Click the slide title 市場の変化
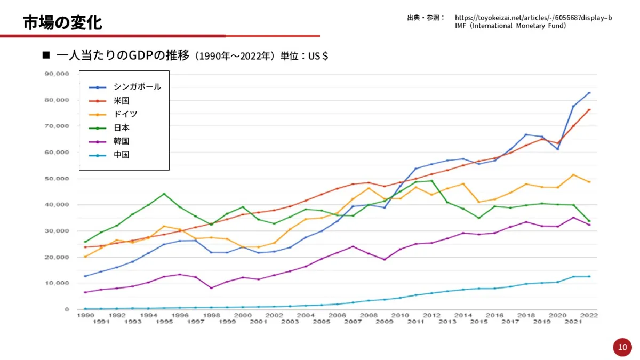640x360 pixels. pyautogui.click(x=62, y=22)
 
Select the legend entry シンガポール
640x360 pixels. pyautogui.click(x=137, y=87)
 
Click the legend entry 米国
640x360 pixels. pyautogui.click(x=122, y=100)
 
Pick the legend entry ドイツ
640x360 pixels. pyautogui.click(x=125, y=114)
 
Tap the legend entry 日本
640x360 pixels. pyautogui.click(x=122, y=127)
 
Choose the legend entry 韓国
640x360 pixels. pyautogui.click(x=122, y=141)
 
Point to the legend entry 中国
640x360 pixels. pyautogui.click(x=122, y=155)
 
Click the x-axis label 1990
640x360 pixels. pyautogui.click(x=85, y=315)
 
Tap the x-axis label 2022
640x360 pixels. pyautogui.click(x=589, y=315)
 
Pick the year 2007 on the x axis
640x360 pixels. pyautogui.click(x=354, y=322)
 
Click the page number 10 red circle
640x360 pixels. pyautogui.click(x=622, y=347)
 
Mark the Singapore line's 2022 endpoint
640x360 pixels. pyautogui.click(x=589, y=93)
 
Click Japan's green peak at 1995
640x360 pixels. pyautogui.click(x=164, y=194)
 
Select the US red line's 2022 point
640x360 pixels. pyautogui.click(x=589, y=110)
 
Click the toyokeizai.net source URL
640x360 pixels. pyautogui.click(x=533, y=18)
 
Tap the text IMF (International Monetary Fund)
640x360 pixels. pyautogui.click(x=510, y=26)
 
